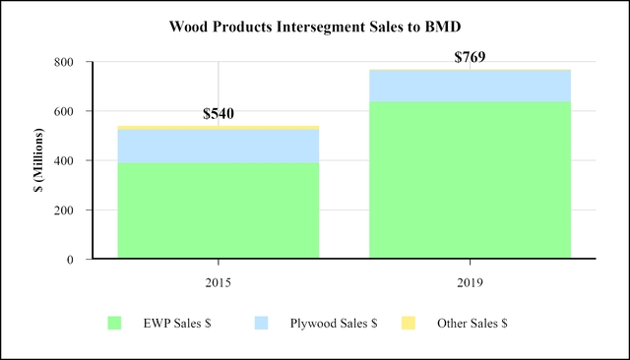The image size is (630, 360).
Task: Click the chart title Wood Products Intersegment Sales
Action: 315,23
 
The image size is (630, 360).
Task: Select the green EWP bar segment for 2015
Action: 219,210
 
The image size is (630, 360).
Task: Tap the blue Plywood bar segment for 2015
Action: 219,146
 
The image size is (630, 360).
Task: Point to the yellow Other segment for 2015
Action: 219,128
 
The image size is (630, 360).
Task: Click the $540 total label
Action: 219,114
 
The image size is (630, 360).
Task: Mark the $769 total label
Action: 470,57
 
